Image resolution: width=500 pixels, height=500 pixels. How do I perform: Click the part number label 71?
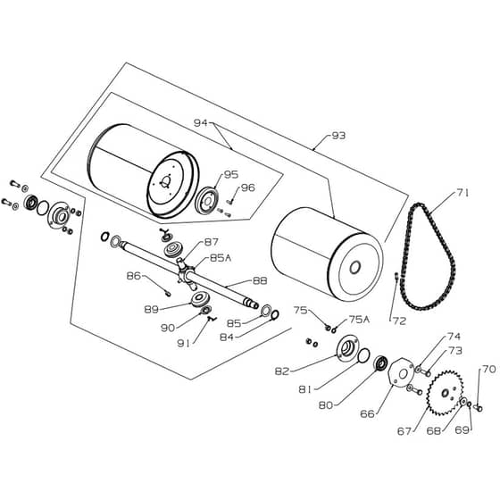coord(462,193)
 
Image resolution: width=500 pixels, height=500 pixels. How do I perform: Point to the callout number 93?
coord(338,136)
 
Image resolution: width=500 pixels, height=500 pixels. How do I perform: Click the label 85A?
coord(221,258)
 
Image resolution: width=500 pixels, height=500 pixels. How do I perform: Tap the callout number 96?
coord(248,187)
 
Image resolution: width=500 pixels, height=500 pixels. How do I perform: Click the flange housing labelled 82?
coord(347,348)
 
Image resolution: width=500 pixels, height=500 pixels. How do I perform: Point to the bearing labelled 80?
coord(380,363)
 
